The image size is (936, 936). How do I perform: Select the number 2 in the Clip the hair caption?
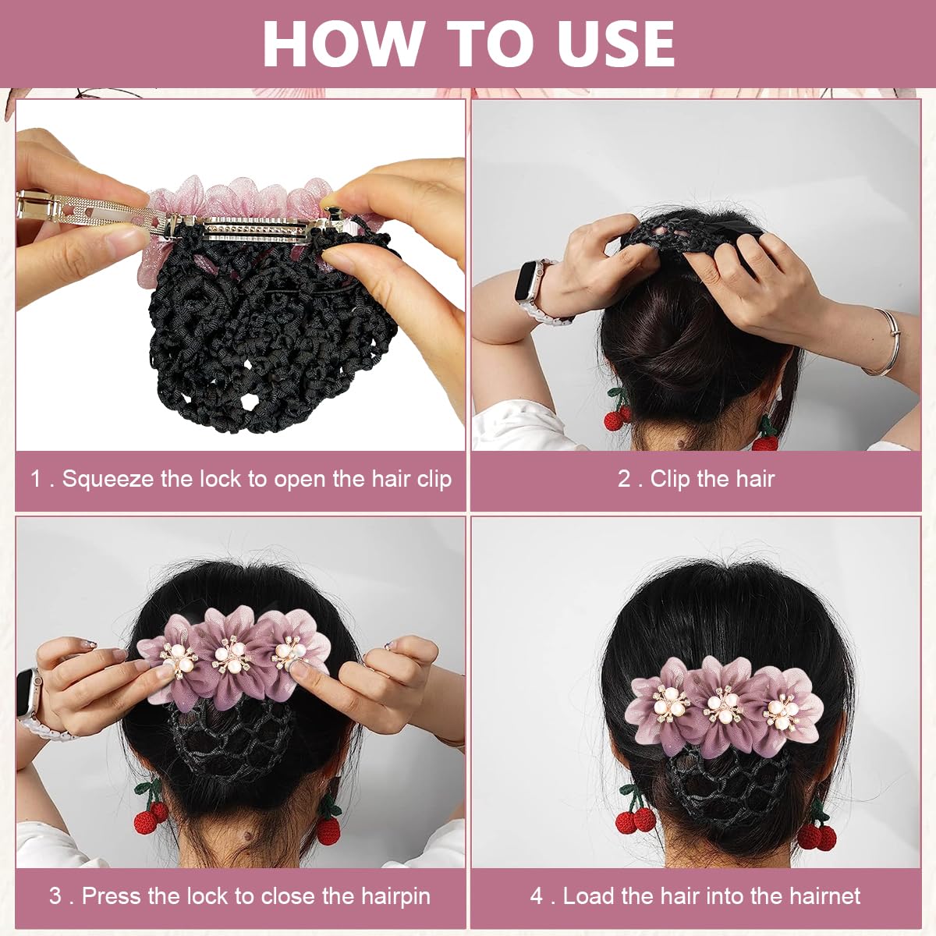coord(624,478)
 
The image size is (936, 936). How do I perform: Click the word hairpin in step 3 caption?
coord(395,895)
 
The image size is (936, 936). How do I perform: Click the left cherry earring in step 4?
coord(635,816)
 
